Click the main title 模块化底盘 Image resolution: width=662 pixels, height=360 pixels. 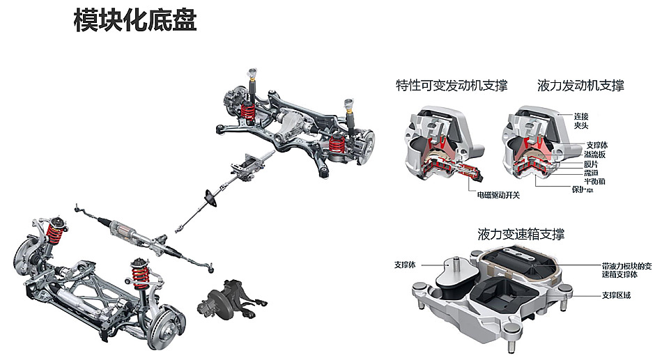(x=135, y=20)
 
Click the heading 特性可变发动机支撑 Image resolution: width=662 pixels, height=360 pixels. (x=451, y=86)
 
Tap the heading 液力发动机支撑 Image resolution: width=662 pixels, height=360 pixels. (x=580, y=86)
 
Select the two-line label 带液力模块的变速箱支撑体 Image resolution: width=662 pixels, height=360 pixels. (x=626, y=270)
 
